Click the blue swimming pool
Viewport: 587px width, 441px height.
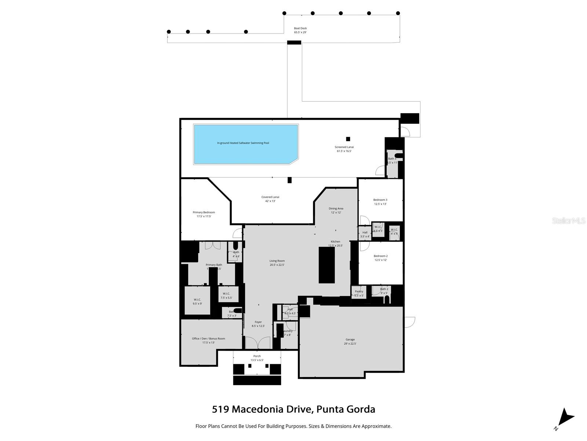click(x=245, y=144)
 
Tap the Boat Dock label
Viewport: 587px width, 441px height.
click(x=300, y=30)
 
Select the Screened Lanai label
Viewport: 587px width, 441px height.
click(x=344, y=149)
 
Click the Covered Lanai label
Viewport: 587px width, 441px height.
click(x=270, y=199)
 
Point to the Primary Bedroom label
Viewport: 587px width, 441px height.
click(x=204, y=214)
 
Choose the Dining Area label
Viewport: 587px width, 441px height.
click(x=336, y=211)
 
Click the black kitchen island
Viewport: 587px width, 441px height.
click(x=327, y=265)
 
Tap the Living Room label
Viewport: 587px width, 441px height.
click(x=277, y=263)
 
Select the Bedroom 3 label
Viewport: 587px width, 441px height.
click(x=380, y=202)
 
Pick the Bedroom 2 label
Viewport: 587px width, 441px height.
click(x=380, y=258)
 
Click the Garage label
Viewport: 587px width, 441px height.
click(x=350, y=341)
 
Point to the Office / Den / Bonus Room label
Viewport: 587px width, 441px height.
click(x=208, y=340)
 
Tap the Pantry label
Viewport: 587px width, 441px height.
click(x=359, y=293)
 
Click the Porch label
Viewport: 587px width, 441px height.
click(x=257, y=358)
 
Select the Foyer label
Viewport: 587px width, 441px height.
click(x=258, y=324)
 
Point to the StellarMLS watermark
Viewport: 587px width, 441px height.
click(x=568, y=220)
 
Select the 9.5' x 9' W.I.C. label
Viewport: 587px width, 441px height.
click(x=197, y=301)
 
